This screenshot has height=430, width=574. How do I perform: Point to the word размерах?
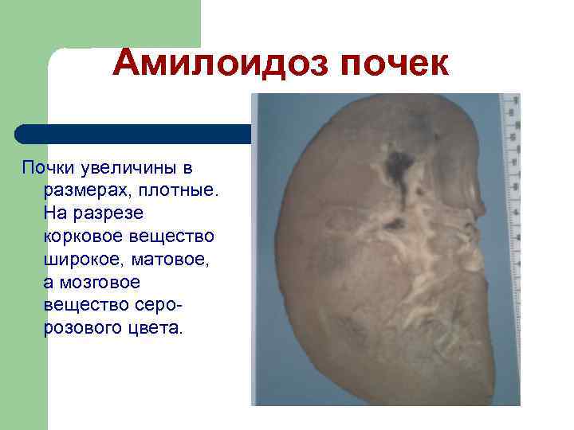[78, 191]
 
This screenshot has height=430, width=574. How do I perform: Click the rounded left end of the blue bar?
[24, 133]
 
